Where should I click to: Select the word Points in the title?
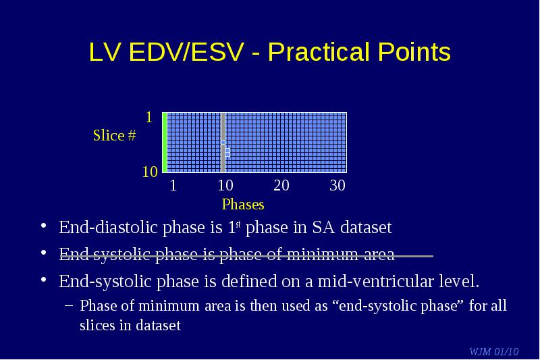point(414,52)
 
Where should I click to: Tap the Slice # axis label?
point(115,135)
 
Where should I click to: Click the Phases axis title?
point(243,205)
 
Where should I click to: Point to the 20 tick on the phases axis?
point(281,186)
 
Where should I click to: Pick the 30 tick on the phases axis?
point(337,186)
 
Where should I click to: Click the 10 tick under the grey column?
point(225,186)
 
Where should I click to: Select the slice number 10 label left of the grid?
point(150,172)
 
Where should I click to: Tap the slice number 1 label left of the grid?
point(148,118)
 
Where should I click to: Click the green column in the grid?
point(165,143)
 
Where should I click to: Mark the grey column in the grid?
point(223,143)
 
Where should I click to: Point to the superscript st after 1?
point(238,225)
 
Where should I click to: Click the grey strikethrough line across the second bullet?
point(246,256)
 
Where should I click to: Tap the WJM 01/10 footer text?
point(494,351)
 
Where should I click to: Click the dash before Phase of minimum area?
point(69,305)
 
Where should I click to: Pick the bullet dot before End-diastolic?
point(43,226)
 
